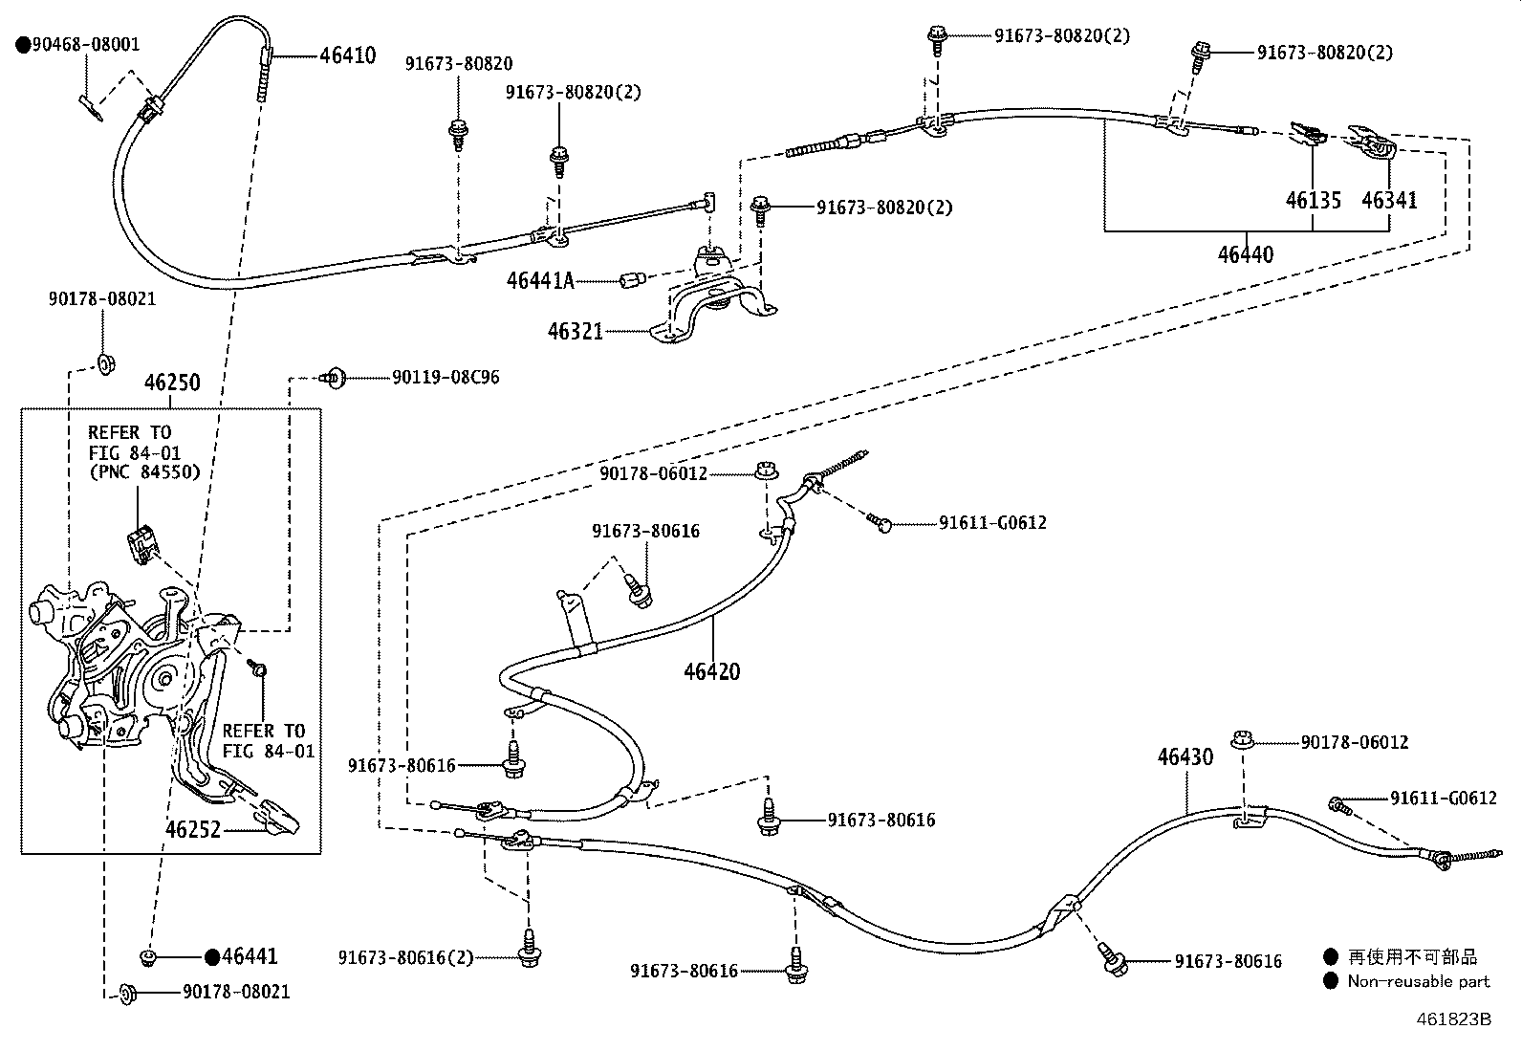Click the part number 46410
pos(347,55)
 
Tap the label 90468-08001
pos(86,45)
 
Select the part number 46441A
pos(540,280)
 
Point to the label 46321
pos(575,331)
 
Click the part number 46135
pos(1313,201)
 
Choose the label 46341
pos(1389,201)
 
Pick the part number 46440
pos(1245,255)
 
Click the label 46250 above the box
pos(172,383)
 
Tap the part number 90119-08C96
pos(446,378)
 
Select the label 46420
pos(711,671)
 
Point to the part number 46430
pos(1185,756)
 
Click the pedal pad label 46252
pos(193,829)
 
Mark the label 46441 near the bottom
pos(250,956)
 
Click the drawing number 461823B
pos(1453,1019)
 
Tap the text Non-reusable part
pos(1418,981)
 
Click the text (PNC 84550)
pos(145,471)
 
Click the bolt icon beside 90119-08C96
pos(334,378)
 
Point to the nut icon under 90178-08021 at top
pos(104,363)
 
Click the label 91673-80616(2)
pos(405,957)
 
